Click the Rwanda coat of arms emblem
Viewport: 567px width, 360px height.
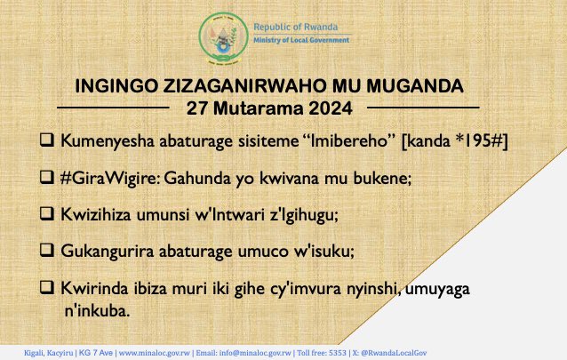[223, 38]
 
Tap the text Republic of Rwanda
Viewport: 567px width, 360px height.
[295, 27]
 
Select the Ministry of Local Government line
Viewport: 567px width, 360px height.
[301, 40]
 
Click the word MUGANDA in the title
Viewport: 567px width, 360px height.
[415, 86]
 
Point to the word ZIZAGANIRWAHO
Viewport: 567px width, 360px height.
[244, 86]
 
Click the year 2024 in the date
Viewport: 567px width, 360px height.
[331, 108]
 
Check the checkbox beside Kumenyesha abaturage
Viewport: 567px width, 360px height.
[47, 140]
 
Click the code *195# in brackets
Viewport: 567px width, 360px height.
[479, 140]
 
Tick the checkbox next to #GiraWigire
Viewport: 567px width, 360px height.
[47, 177]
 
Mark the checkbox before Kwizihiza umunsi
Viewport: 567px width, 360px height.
[47, 213]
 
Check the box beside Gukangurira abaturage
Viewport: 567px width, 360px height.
[47, 250]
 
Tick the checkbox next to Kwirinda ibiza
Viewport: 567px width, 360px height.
[47, 287]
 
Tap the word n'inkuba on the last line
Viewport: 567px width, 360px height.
[97, 311]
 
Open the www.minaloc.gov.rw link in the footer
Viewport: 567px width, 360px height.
[155, 353]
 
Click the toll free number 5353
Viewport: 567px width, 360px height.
[338, 353]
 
